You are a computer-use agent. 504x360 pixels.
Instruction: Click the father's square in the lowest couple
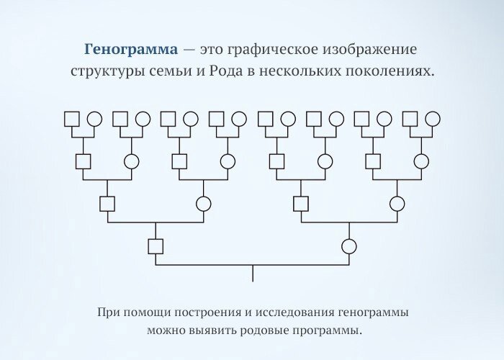(156, 246)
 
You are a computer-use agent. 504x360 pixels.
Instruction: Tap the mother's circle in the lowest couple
(348, 246)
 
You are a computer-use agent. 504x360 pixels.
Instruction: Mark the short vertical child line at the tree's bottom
(252, 273)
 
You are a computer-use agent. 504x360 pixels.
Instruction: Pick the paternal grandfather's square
(107, 204)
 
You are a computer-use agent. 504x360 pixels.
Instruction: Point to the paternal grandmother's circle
(204, 204)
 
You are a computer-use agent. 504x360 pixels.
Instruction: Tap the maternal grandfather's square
(300, 204)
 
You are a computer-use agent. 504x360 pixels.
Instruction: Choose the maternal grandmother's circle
(396, 204)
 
